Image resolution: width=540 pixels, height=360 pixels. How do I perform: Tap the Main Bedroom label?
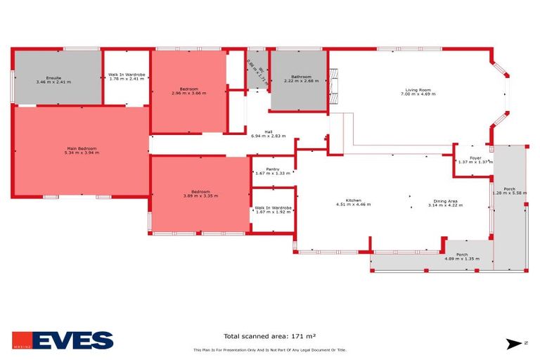82,148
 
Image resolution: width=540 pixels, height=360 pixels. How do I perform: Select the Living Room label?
417,89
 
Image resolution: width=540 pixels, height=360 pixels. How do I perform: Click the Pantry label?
273,169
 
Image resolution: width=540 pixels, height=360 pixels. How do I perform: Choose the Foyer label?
470,158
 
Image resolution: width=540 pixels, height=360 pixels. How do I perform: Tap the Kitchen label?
353,200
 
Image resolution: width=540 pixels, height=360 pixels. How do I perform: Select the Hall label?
269,131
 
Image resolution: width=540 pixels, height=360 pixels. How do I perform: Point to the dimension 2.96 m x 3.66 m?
188,93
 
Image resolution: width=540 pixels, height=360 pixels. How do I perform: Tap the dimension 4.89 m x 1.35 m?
462,259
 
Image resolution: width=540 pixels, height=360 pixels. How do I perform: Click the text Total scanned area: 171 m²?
269,336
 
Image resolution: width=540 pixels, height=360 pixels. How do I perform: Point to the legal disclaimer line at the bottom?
269,350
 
